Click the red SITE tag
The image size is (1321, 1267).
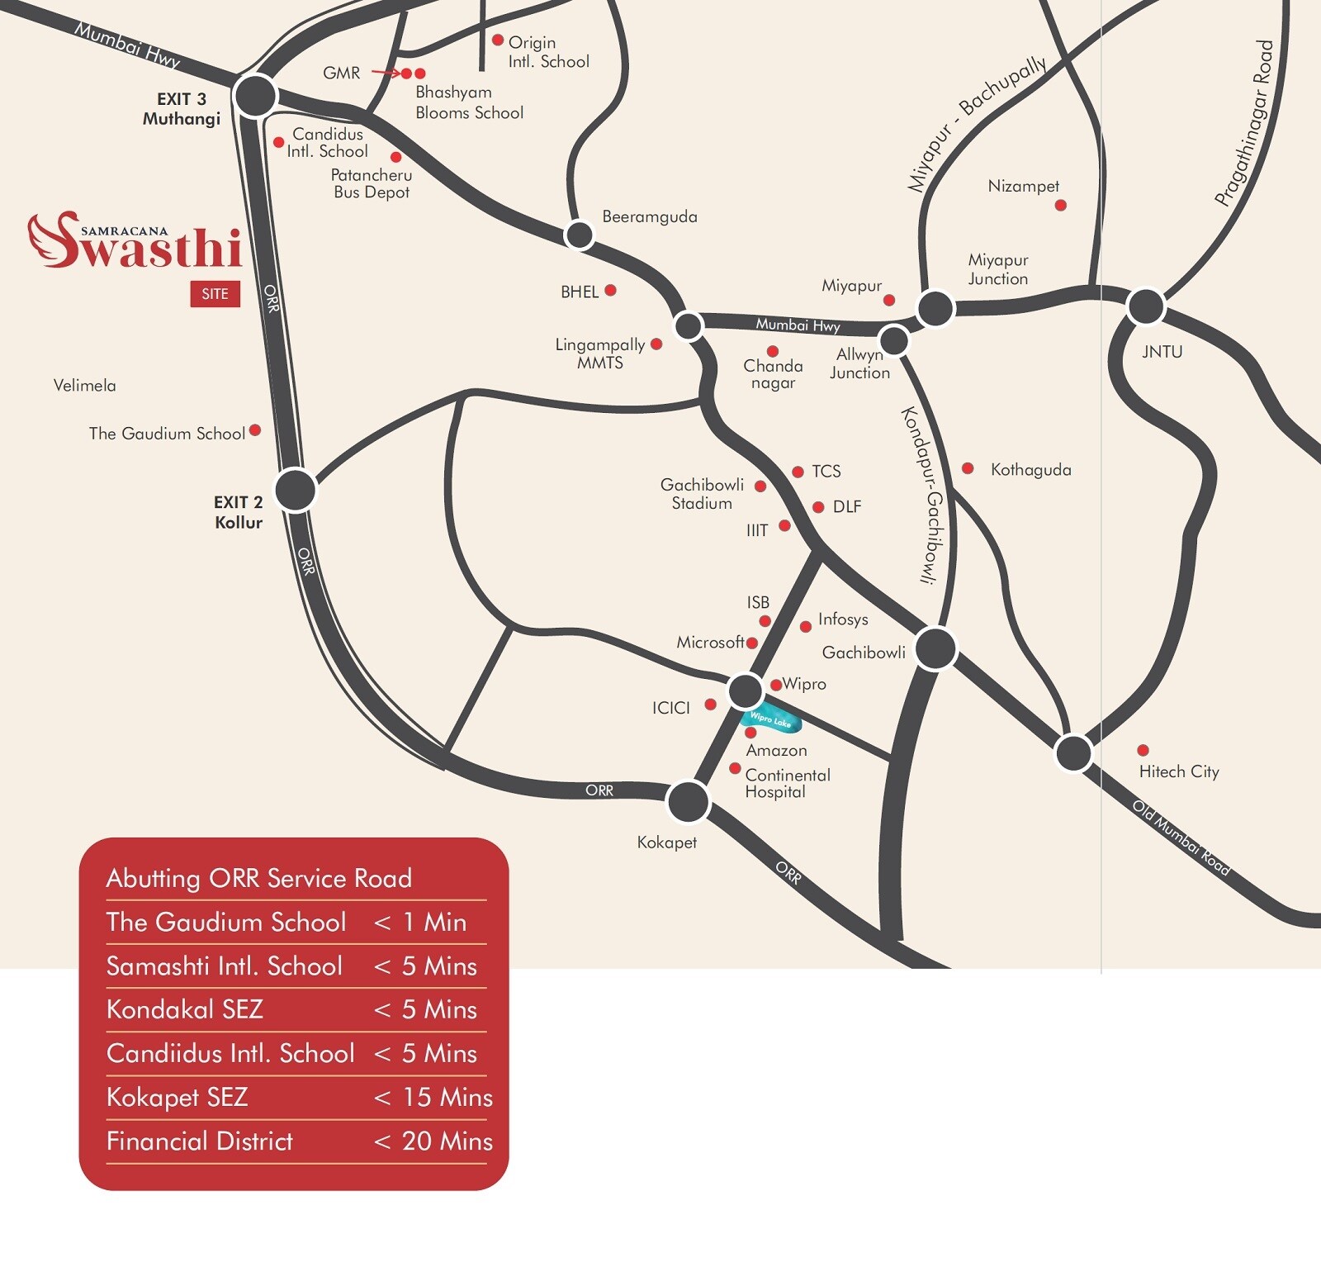[x=215, y=294]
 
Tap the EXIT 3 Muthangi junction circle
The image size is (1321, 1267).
[x=255, y=96]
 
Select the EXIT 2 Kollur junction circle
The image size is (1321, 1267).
[x=295, y=490]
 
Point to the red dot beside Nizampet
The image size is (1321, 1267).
[x=1061, y=205]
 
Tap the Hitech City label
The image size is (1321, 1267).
[x=1178, y=771]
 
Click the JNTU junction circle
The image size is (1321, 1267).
[x=1146, y=306]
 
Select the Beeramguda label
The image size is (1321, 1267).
[x=649, y=216]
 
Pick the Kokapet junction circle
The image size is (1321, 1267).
[x=688, y=801]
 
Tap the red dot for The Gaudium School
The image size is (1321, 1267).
[x=255, y=429]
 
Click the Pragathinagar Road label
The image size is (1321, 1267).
[x=1244, y=123]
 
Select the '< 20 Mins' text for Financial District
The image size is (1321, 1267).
[x=433, y=1141]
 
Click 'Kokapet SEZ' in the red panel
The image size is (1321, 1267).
[x=177, y=1097]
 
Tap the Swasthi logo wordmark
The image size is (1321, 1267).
[x=136, y=244]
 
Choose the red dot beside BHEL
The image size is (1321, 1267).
[x=610, y=290]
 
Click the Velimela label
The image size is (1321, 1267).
[x=84, y=385]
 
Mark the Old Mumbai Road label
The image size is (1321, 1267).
[x=1180, y=838]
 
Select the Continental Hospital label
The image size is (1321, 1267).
[x=787, y=783]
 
